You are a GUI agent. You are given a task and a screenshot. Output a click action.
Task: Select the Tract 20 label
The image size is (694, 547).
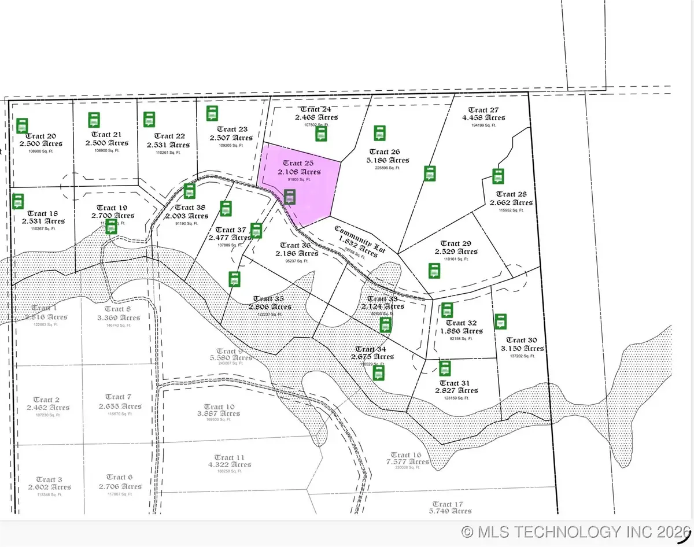click(40, 136)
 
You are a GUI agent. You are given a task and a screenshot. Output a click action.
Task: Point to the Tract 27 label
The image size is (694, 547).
click(483, 110)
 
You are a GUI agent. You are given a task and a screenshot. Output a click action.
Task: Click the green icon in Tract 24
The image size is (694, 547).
click(322, 134)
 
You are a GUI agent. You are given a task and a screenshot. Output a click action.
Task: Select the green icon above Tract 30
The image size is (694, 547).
click(500, 321)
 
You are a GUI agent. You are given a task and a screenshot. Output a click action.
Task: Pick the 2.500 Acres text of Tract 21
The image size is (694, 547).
click(107, 143)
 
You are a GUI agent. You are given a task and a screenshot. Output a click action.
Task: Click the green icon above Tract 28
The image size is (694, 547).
click(497, 176)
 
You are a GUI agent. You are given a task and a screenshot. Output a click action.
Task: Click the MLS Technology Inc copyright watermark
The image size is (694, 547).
click(575, 531)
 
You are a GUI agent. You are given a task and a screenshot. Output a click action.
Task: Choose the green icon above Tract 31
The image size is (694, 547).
click(445, 368)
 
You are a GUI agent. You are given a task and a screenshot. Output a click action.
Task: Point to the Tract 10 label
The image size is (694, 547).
click(219, 406)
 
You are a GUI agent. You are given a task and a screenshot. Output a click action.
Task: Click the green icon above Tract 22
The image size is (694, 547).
click(149, 119)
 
